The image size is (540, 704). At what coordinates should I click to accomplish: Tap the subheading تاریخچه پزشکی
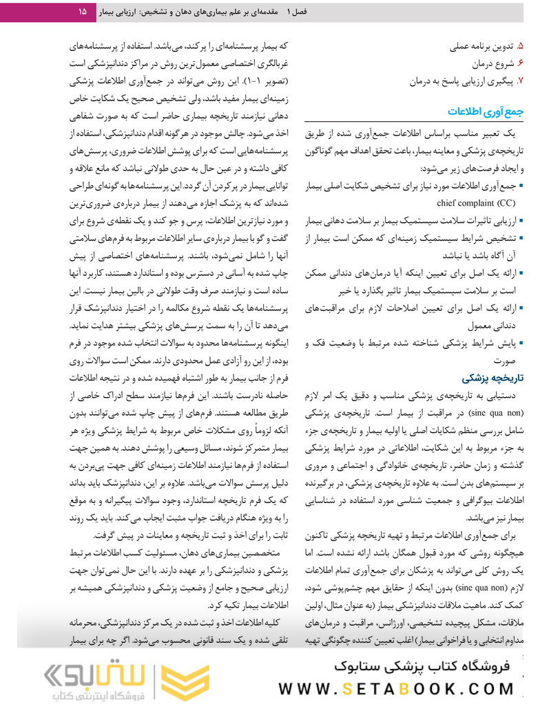491,377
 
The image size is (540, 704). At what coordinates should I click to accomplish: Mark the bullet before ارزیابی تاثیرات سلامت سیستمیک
522,221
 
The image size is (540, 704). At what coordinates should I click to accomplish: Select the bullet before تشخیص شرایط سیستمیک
522,238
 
